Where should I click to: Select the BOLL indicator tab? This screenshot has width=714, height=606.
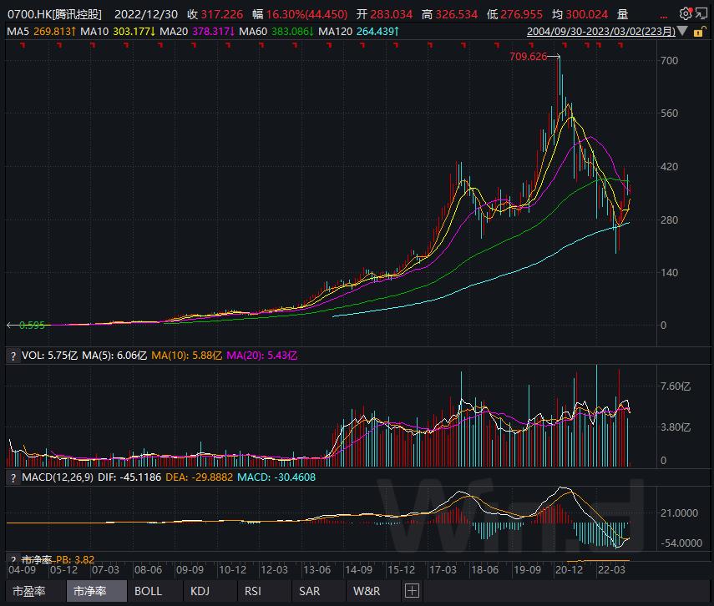pyautogui.click(x=148, y=591)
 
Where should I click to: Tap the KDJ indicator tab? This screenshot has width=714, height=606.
pyautogui.click(x=200, y=591)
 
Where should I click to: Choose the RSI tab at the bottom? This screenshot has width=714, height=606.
pyautogui.click(x=252, y=591)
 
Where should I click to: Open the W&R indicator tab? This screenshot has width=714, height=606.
pyautogui.click(x=366, y=591)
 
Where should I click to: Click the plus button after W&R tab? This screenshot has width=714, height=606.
pyautogui.click(x=410, y=591)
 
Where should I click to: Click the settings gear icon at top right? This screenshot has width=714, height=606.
pyautogui.click(x=686, y=13)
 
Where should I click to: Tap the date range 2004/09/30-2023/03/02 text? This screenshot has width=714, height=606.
pyautogui.click(x=600, y=31)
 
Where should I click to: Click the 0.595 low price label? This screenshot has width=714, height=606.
pyautogui.click(x=32, y=326)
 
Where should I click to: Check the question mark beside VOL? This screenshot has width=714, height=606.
pyautogui.click(x=13, y=356)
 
